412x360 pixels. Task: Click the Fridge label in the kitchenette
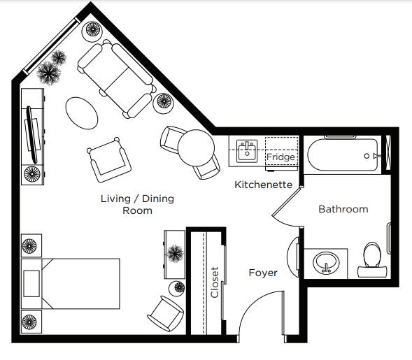coord(280,157)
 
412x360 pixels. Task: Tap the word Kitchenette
coord(263,185)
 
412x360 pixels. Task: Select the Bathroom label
coord(343,209)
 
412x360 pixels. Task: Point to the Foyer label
coord(263,273)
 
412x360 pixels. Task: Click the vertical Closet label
coord(215,282)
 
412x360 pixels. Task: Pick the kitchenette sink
coord(247,151)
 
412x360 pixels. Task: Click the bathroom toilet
coord(372,259)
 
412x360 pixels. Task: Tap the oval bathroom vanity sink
coord(326,263)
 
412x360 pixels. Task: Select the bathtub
coord(343,154)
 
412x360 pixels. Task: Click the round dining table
coord(196,147)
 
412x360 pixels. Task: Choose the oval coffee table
coord(82,113)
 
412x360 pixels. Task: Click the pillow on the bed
coord(31,284)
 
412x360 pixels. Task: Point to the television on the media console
coord(32,135)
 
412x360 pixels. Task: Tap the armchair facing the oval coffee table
coord(109,160)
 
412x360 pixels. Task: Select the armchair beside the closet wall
coord(166,314)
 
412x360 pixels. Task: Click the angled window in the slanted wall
coord(52,46)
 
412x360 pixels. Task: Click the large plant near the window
coord(48,73)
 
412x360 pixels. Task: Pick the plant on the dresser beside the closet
coord(175,253)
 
